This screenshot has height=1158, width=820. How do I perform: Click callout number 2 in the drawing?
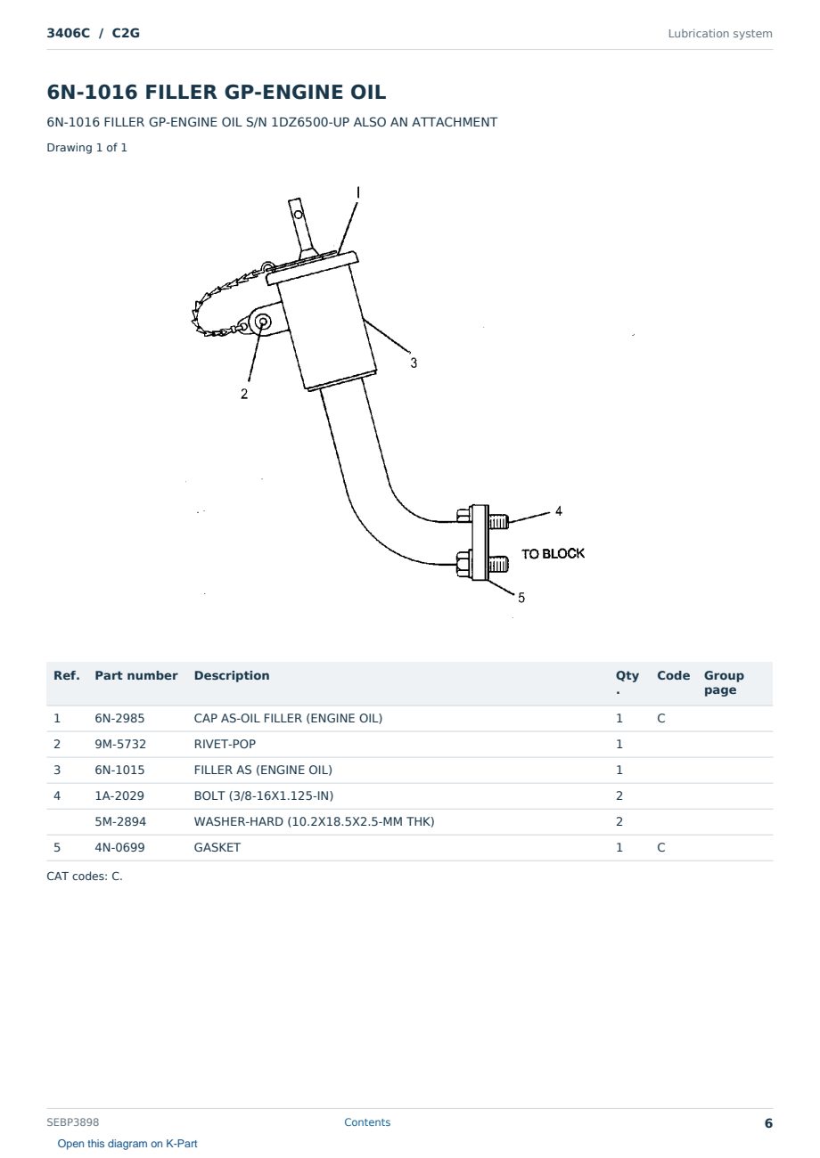244,394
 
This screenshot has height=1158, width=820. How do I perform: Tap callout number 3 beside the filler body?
414,363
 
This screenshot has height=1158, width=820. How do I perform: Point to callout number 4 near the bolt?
558,511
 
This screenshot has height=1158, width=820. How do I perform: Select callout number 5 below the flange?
521,598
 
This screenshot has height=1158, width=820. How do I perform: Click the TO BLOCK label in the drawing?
553,554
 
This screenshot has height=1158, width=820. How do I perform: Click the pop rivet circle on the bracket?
263,322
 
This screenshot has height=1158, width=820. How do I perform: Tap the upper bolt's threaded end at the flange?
499,521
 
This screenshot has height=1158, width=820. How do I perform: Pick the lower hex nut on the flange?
464,563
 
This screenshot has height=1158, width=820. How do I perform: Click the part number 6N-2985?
119,718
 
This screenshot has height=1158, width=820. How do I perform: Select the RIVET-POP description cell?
225,744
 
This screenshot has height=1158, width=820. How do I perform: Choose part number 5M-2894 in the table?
120,821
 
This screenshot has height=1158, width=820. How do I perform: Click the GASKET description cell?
217,847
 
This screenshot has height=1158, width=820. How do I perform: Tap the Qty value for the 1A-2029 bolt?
619,795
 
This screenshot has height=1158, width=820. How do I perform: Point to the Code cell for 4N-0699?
660,847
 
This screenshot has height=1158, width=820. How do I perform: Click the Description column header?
232,676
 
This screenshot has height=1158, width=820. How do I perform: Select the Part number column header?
136,676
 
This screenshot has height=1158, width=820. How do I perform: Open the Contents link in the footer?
367,1122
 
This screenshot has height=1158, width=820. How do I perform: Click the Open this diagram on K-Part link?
127,1144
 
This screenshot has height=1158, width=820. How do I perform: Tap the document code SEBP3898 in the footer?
73,1122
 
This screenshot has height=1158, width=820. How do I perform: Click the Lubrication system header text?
720,34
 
